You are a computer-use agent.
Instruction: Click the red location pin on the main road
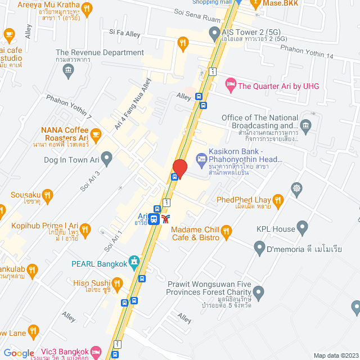[179, 168]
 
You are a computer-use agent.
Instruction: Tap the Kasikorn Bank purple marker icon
[202, 160]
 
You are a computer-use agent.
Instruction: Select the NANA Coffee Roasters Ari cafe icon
[96, 133]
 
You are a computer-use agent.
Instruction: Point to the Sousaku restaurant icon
[47, 196]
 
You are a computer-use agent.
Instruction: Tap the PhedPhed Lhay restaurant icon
[277, 200]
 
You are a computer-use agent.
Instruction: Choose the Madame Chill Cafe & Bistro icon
[226, 231]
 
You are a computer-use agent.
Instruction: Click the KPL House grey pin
[303, 228]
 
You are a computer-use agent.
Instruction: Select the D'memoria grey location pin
[259, 246]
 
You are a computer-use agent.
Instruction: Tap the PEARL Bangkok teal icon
[133, 261]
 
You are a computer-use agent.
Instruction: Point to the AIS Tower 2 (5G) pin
[214, 34]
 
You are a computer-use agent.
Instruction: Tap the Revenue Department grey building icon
[69, 70]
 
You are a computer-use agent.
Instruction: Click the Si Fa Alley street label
[125, 34]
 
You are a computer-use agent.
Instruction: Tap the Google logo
[19, 353]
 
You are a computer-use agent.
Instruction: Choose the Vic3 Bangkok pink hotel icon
[95, 350]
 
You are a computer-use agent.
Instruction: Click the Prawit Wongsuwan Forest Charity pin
[259, 292]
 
